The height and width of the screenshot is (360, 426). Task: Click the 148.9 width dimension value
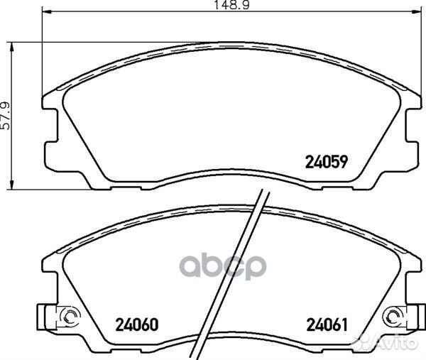pos(231,5)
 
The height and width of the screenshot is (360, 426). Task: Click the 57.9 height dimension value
pos(6,116)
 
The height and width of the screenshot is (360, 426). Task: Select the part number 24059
pos(327,162)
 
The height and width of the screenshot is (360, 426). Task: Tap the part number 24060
pos(136,324)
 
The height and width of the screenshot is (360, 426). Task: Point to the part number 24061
pos(327,324)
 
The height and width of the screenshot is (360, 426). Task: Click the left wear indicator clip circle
pos(69,316)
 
